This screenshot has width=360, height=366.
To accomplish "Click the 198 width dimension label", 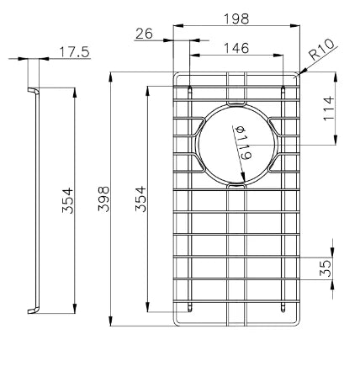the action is pyautogui.click(x=236, y=19).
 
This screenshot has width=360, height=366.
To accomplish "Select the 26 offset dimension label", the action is pyautogui.click(x=144, y=34).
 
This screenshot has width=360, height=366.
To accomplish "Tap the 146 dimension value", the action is pyautogui.click(x=236, y=48).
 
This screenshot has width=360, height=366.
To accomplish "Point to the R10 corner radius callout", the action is pyautogui.click(x=322, y=50).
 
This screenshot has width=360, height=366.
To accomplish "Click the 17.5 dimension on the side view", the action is pyautogui.click(x=74, y=52).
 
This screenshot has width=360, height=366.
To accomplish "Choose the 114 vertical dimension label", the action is pyautogui.click(x=329, y=109).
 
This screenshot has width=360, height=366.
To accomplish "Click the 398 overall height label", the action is pyautogui.click(x=103, y=199).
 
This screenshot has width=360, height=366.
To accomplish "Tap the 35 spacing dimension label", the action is pyautogui.click(x=326, y=268).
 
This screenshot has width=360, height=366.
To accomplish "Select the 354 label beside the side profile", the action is pyautogui.click(x=67, y=200).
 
